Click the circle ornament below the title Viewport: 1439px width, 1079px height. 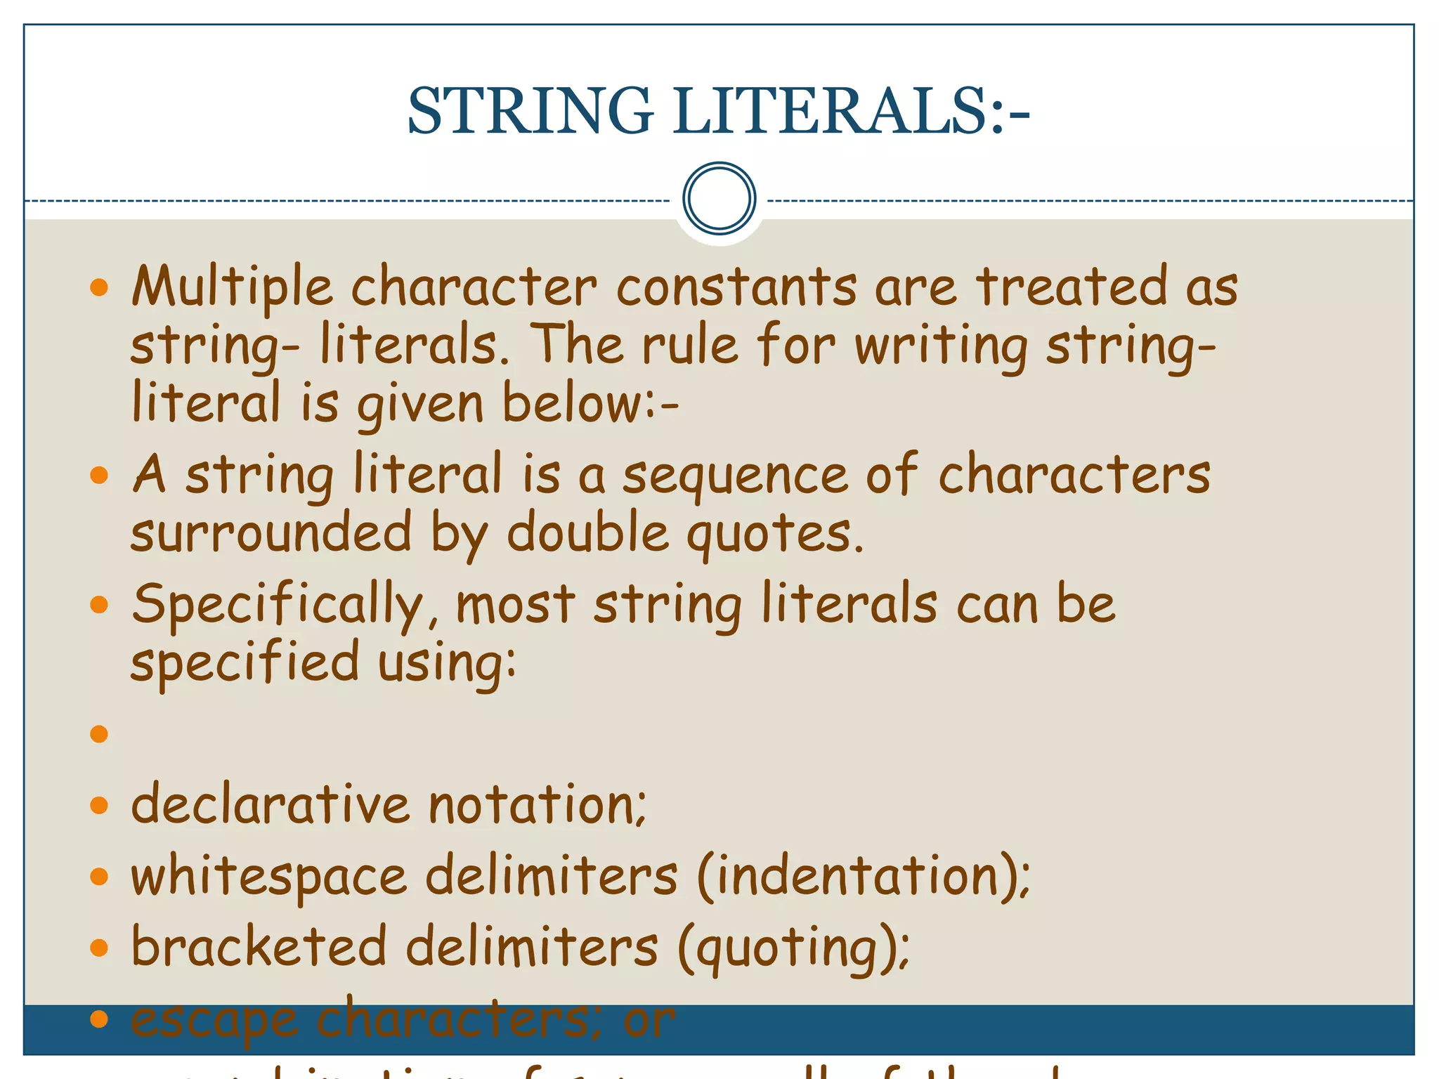(x=719, y=199)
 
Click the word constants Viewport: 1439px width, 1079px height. (x=736, y=287)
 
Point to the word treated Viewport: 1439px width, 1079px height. (x=1072, y=287)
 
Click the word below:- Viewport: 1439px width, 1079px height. (x=590, y=404)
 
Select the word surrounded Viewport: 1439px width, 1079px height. (x=271, y=532)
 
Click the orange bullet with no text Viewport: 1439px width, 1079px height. (x=99, y=734)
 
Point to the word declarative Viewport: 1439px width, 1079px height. (x=271, y=804)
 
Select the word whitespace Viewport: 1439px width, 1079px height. (x=269, y=877)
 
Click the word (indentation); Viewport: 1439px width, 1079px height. (x=864, y=877)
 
